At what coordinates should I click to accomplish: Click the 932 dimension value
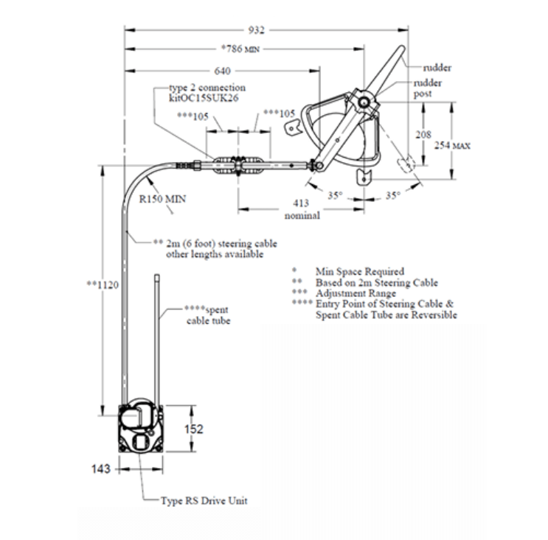click(256, 30)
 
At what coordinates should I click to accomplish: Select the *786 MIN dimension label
click(240, 49)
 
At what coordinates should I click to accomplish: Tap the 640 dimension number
click(222, 71)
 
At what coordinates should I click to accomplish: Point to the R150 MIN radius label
click(162, 199)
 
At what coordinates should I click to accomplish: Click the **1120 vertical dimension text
click(103, 285)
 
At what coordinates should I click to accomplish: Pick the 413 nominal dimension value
click(302, 209)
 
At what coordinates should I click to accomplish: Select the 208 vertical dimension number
click(423, 135)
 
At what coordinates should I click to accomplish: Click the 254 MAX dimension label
click(452, 145)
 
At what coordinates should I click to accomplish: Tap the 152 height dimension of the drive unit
click(194, 429)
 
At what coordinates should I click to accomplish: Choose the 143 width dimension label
click(100, 469)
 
